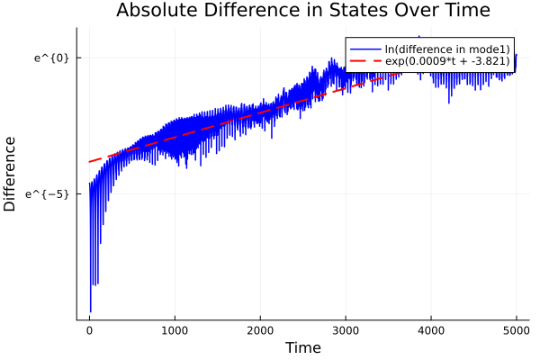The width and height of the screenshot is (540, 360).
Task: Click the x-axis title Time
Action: [x=302, y=347]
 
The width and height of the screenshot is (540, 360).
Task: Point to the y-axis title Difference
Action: [x=10, y=174]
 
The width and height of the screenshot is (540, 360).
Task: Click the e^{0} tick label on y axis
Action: [x=51, y=58]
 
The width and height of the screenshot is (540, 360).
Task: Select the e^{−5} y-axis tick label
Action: [x=48, y=193]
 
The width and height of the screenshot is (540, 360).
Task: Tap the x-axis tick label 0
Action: [x=89, y=329]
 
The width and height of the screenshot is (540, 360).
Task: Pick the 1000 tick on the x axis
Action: [x=175, y=329]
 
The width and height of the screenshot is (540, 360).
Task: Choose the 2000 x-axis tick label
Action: [x=260, y=329]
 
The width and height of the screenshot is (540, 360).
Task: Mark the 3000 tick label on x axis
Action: [x=346, y=329]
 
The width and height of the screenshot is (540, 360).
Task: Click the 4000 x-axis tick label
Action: [x=431, y=329]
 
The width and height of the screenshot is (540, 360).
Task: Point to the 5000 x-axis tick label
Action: [x=516, y=329]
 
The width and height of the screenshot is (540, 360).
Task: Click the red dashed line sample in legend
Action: [x=364, y=61]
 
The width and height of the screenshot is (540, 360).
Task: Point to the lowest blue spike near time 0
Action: [x=90, y=311]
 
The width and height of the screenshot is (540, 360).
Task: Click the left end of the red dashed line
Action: [x=89, y=162]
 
